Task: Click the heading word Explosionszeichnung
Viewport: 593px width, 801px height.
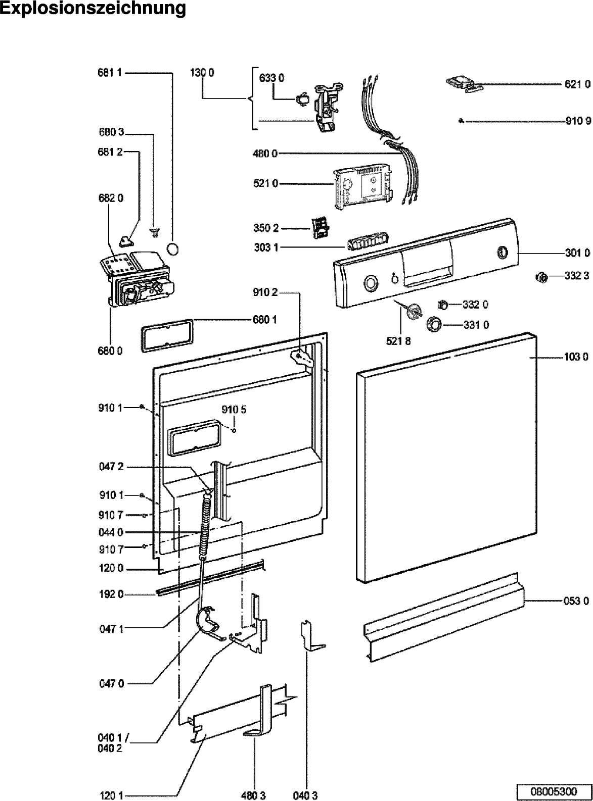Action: tap(93, 9)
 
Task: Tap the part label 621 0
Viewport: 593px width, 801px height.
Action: tap(577, 84)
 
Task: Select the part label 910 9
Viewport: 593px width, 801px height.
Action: tap(578, 121)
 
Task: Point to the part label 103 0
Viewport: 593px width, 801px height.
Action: tap(576, 357)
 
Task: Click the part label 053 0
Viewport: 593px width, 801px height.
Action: tap(576, 601)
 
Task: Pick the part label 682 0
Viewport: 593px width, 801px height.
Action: tap(111, 198)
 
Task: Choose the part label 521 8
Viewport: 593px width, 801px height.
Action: tap(398, 341)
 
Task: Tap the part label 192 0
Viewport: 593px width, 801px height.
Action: tap(111, 594)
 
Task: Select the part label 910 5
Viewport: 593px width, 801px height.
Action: tap(234, 410)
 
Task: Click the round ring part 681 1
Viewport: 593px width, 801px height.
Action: tap(173, 249)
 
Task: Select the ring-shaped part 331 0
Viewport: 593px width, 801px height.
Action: tap(434, 324)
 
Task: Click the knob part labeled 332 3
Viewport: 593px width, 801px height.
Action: tap(541, 277)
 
